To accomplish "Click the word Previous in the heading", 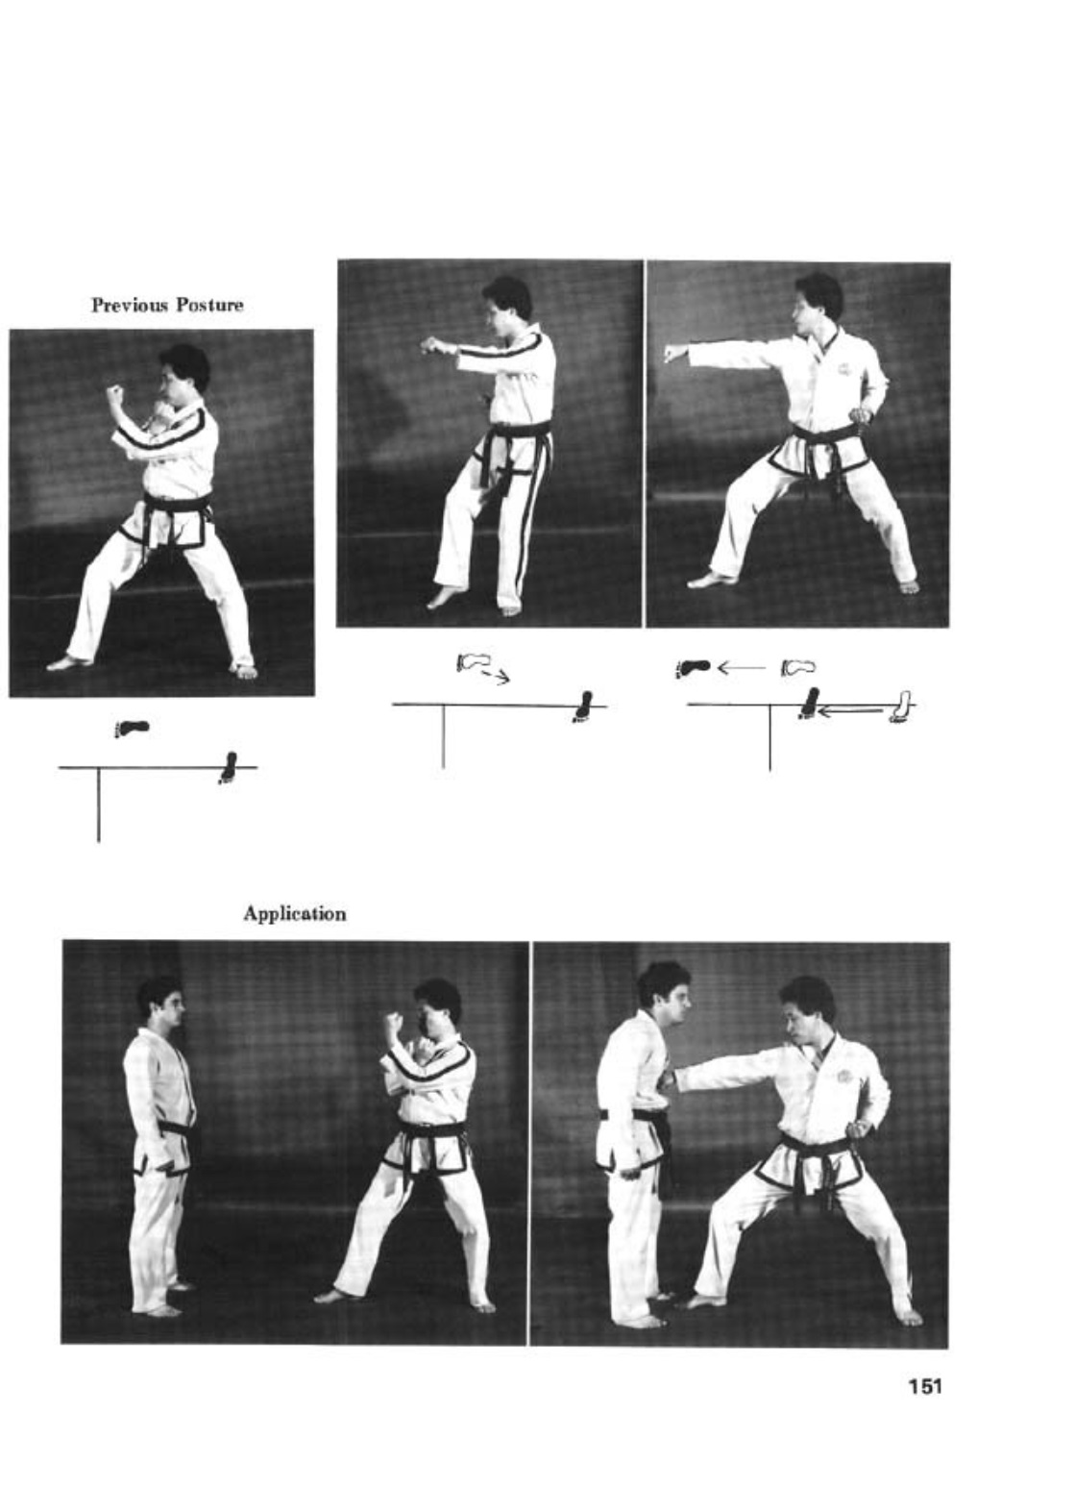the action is tap(130, 306).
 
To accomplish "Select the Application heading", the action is tap(295, 913).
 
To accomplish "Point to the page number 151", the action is tap(924, 1386).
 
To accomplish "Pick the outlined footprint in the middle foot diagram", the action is tap(474, 661).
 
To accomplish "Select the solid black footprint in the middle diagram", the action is tap(584, 707).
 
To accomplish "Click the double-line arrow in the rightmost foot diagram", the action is tap(852, 710).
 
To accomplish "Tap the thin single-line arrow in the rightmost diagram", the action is tap(742, 666).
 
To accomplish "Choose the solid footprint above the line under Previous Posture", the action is tap(132, 728).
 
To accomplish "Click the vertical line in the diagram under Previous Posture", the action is tap(99, 805).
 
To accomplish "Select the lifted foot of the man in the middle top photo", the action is tap(446, 596).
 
